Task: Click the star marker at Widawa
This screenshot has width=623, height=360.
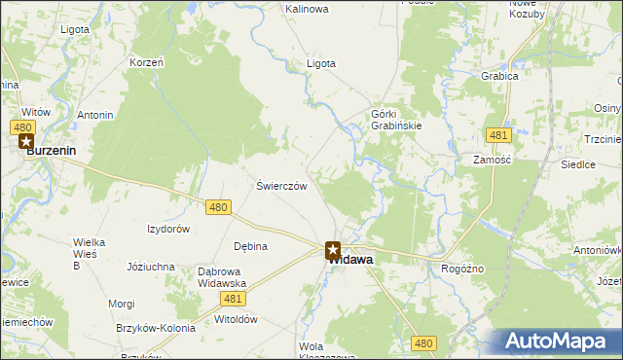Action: [x=332, y=250]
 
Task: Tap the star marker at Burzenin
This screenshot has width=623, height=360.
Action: [x=25, y=142]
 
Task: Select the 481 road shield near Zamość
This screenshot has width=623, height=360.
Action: [x=498, y=134]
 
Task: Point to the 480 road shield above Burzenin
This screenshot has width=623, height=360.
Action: [x=25, y=126]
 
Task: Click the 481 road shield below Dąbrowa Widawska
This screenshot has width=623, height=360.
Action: [x=232, y=299]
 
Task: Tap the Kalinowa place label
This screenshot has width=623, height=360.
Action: [x=307, y=9]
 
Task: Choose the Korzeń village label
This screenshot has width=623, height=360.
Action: [x=146, y=62]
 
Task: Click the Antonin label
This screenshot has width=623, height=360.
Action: [x=95, y=116]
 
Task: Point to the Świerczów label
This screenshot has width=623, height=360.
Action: [x=281, y=186]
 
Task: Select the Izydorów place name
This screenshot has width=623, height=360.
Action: [x=167, y=229]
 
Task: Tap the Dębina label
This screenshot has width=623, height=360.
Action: [x=250, y=246]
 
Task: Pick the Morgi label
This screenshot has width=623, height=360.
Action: [x=122, y=304]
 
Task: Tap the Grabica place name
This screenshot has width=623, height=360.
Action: [x=498, y=75]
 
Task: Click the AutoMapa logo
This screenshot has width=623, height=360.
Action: [x=560, y=342]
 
